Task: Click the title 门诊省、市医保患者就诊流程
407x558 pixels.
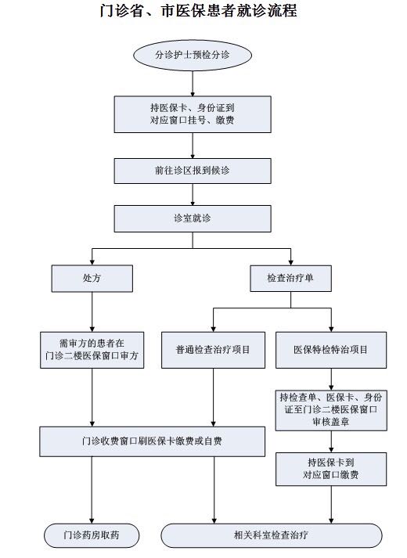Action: tap(198, 11)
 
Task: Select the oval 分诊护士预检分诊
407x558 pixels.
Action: tap(193, 55)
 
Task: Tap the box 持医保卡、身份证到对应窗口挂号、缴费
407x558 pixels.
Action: tap(193, 114)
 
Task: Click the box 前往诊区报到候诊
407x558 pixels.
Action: tap(193, 171)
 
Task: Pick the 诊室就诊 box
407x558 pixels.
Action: tap(193, 218)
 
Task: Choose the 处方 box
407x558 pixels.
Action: tap(92, 279)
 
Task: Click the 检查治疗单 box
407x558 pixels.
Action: tap(290, 279)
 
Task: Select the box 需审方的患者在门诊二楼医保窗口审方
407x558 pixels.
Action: tap(92, 350)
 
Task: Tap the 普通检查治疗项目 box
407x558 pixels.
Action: tap(213, 350)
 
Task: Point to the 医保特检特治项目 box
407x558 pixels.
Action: tap(331, 350)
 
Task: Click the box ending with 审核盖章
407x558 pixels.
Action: tap(331, 410)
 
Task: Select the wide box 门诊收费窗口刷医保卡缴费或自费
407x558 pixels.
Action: tap(153, 441)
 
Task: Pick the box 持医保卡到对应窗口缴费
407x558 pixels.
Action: tap(331, 469)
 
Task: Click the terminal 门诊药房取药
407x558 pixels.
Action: tap(92, 535)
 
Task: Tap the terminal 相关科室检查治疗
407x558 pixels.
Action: tap(272, 535)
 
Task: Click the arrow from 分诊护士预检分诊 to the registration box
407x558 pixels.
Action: tap(193, 83)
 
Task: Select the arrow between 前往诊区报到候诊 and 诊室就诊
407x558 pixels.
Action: tap(193, 195)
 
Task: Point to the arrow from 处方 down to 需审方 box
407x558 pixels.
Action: tap(92, 312)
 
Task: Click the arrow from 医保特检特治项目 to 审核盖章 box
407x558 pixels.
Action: tap(331, 380)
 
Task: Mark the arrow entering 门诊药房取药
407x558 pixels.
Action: tap(92, 490)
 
